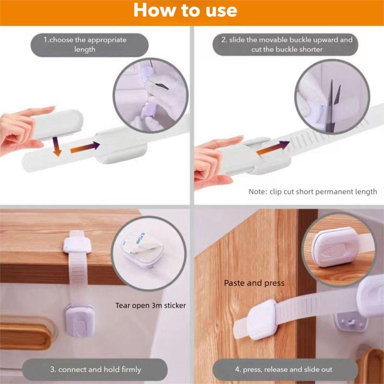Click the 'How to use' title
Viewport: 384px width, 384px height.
point(185,10)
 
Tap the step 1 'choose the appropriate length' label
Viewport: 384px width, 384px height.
point(85,45)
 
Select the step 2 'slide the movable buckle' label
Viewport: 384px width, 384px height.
point(287,45)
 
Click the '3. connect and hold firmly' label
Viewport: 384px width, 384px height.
point(96,369)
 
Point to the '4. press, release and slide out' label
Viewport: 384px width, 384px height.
point(284,369)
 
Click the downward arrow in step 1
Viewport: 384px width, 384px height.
point(56,146)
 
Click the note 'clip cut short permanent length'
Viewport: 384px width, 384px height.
point(313,192)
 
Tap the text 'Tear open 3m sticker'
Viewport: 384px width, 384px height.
point(151,305)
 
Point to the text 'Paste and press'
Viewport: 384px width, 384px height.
point(254,283)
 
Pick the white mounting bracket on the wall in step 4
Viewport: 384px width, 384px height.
point(351,323)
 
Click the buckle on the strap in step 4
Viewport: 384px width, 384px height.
point(261,319)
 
